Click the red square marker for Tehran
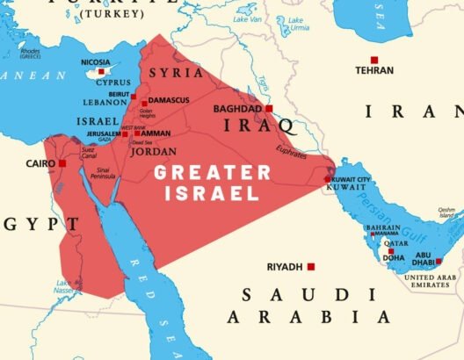(374, 60)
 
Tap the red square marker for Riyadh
(311, 266)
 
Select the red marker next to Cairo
(62, 163)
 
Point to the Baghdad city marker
(270, 109)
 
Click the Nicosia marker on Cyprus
(101, 72)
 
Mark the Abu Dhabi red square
(439, 261)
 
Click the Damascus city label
(169, 100)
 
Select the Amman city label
(156, 133)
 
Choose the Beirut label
(120, 92)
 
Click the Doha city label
(393, 258)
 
